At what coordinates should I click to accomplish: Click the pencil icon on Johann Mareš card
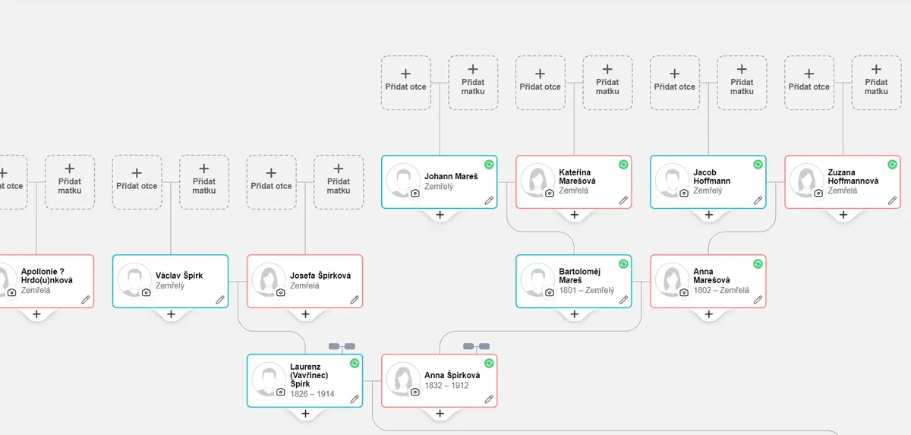coord(489,200)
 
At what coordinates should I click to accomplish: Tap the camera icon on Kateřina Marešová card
coord(550,193)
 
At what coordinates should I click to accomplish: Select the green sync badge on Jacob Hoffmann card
coord(758,164)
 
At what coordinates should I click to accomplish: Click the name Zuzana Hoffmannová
coord(853,176)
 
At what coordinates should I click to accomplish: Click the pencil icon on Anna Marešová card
coord(758,300)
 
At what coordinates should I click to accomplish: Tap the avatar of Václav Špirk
coord(134,279)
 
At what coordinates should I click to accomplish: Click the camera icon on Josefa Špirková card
coord(281,293)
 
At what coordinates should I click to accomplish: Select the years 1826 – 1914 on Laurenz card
coord(312,394)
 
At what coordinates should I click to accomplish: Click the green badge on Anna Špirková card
coord(489,363)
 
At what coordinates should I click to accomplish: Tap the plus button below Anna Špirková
coord(440,414)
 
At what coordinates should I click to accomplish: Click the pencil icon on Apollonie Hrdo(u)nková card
coord(85,300)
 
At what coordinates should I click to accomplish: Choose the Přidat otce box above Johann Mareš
coord(405,83)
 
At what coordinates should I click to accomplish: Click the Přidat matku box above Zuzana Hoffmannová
coord(876,83)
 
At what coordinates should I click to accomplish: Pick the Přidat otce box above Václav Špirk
coord(137,182)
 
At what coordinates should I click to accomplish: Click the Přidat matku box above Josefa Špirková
coord(339,182)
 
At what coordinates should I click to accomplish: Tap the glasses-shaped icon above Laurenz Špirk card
coord(342,346)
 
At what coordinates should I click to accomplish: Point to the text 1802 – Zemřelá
coord(721,290)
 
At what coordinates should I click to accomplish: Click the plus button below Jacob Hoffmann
coord(708,215)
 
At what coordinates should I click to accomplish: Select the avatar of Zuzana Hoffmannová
coord(806,181)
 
